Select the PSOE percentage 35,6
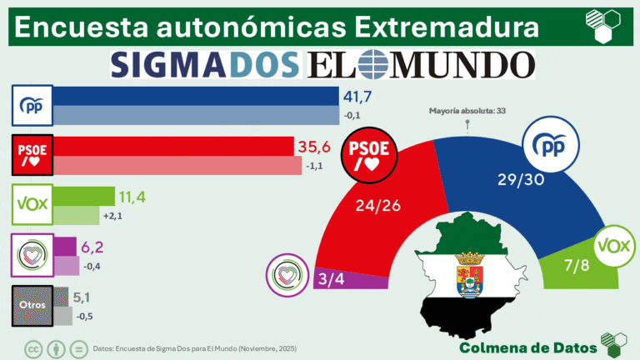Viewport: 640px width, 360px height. pos(314,147)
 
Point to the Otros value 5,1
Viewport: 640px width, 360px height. pos(89,296)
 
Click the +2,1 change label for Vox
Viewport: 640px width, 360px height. pos(113,216)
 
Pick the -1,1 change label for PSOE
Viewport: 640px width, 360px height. pos(316,166)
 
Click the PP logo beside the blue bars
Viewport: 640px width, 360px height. pos(32,106)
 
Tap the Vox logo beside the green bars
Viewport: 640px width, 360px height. pos(32,204)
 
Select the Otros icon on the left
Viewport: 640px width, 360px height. pos(32,304)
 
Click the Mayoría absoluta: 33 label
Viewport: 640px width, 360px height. pos(467,110)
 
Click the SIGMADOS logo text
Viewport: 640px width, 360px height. pos(204,63)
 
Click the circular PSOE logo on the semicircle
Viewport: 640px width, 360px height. pos(367,155)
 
